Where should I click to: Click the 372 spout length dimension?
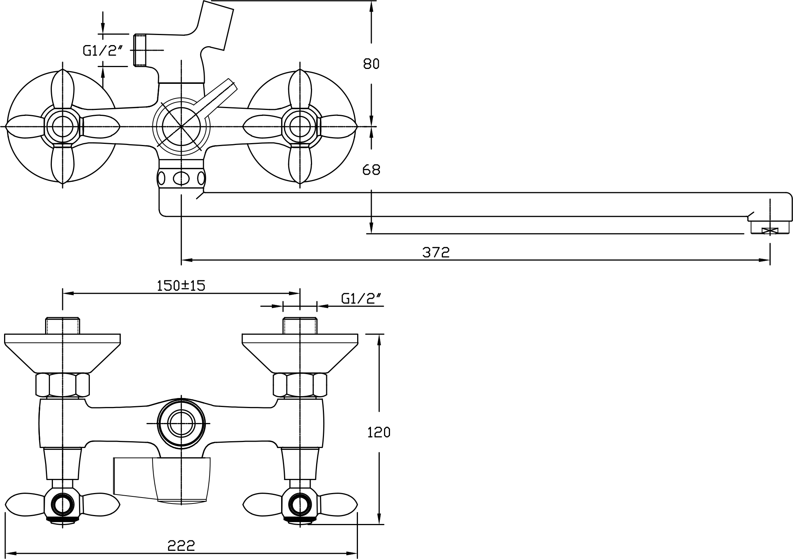click(x=436, y=252)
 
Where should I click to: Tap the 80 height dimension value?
click(x=371, y=64)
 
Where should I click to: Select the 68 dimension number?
click(x=371, y=170)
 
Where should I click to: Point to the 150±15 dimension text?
click(x=181, y=285)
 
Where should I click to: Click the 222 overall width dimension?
click(x=181, y=546)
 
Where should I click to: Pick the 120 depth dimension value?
click(x=379, y=432)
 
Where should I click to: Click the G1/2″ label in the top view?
click(x=103, y=51)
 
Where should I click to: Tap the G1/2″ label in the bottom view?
click(x=361, y=299)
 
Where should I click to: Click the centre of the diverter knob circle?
click(x=181, y=127)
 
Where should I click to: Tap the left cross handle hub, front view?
click(x=62, y=127)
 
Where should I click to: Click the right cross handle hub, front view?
click(x=300, y=127)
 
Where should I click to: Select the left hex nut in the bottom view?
click(x=62, y=385)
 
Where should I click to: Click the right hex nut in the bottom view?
click(x=300, y=385)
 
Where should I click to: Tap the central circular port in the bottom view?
click(x=181, y=423)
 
